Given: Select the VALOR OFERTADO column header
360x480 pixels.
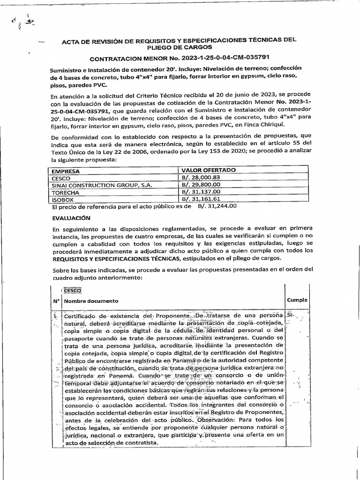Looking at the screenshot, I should pos(208,170).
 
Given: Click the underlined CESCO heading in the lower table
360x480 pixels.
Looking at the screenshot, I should pos(73,291).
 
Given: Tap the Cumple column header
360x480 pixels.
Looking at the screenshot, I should pos(297,300).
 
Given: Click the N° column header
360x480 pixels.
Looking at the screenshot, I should pos(55,300).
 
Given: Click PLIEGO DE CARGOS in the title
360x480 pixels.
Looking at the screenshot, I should pos(179,47).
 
